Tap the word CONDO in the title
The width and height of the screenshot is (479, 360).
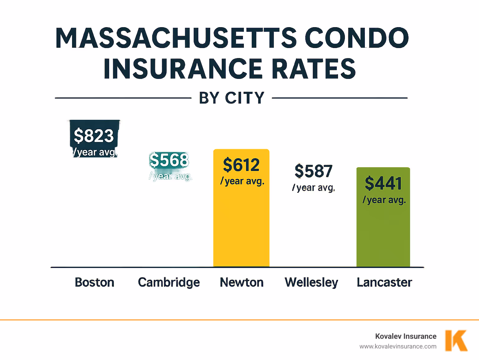(x=356, y=38)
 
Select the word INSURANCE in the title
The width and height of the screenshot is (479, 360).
(x=183, y=69)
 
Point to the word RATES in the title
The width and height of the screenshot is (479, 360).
(x=314, y=69)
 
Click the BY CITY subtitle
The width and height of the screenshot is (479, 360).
(x=232, y=98)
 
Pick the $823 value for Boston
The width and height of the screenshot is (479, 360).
(x=94, y=136)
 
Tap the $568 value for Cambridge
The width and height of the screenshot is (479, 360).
(x=169, y=160)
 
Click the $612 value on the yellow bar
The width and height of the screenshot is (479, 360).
(x=241, y=165)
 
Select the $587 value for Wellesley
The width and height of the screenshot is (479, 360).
(x=313, y=171)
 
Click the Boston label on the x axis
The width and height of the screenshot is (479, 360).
(x=94, y=282)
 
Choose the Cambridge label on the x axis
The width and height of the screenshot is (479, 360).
(x=169, y=282)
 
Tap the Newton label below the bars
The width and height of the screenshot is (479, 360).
(x=242, y=282)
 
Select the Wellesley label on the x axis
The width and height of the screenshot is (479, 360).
(x=311, y=282)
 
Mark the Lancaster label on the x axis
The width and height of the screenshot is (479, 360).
(x=384, y=282)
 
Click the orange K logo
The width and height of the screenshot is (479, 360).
(x=456, y=341)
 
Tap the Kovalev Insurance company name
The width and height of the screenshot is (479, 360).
(x=405, y=336)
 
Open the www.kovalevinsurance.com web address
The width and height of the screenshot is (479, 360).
(x=398, y=346)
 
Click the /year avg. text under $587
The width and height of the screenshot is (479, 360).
(x=313, y=188)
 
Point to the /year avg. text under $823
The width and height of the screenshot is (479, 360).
(x=95, y=152)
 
